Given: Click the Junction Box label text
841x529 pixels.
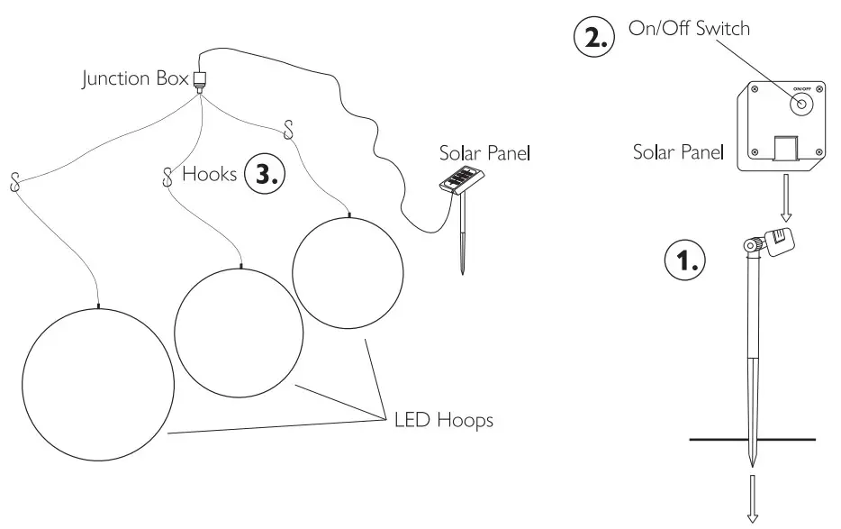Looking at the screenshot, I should (x=135, y=79).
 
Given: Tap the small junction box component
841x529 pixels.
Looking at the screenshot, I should (x=200, y=80).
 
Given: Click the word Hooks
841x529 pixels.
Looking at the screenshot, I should (x=210, y=174).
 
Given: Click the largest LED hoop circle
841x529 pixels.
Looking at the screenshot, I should (x=96, y=384).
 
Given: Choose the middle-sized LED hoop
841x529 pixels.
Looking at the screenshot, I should (x=240, y=333).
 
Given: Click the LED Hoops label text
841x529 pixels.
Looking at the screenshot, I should (x=443, y=420).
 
